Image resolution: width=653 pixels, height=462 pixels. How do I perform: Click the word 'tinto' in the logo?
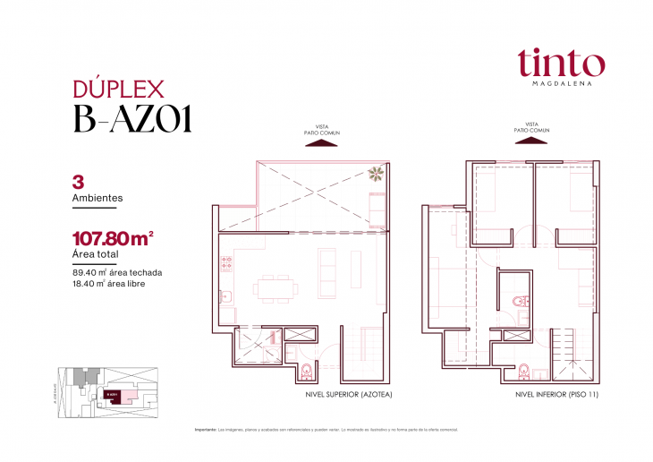click(559, 62)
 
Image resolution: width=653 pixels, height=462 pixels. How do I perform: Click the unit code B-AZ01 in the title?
click(131, 119)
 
